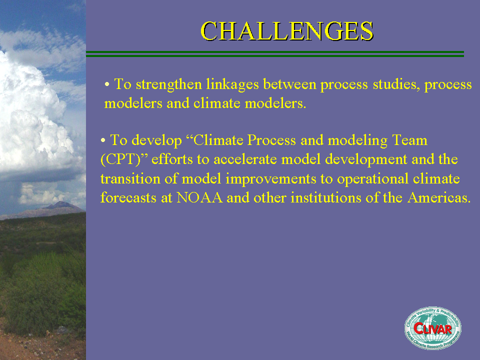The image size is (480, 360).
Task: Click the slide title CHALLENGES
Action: (x=287, y=31)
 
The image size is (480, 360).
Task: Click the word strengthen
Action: (x=169, y=84)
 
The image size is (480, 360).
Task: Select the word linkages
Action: (x=232, y=84)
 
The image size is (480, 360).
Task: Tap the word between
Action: (x=289, y=84)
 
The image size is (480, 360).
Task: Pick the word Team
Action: (x=409, y=140)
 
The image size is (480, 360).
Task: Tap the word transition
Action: (x=130, y=178)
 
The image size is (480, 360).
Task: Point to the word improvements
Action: (x=270, y=179)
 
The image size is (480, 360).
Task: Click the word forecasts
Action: (x=128, y=197)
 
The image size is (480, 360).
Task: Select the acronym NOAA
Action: (x=199, y=198)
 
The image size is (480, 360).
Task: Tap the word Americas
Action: (x=439, y=198)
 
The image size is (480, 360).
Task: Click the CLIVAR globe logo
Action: (x=432, y=328)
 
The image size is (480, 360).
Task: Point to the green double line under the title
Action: (x=275, y=54)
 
